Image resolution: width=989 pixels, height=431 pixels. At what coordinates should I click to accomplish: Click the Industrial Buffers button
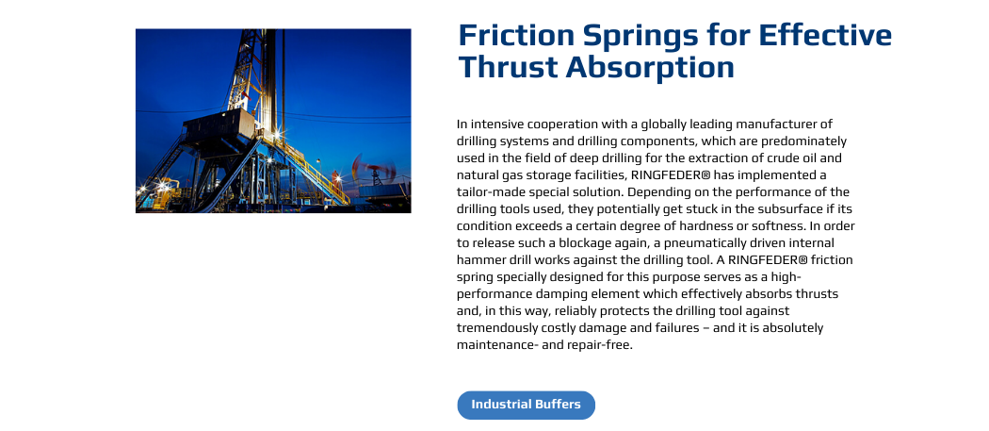click(526, 405)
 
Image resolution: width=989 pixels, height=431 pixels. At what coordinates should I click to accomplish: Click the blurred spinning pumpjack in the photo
click(375, 170)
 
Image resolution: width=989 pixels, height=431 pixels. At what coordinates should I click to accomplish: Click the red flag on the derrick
click(247, 96)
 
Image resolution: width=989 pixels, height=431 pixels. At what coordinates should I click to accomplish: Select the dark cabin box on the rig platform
click(211, 127)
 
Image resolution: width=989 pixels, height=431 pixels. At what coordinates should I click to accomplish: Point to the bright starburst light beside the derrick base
click(276, 134)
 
